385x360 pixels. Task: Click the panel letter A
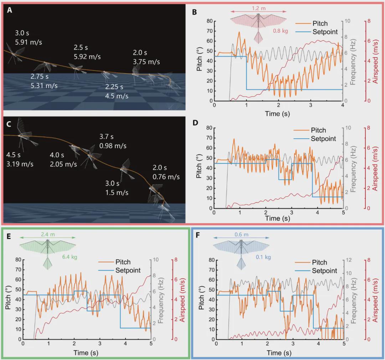pyautogui.click(x=10, y=10)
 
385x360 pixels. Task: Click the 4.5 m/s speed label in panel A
pyautogui.click(x=117, y=96)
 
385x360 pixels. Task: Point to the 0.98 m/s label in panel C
pyautogui.click(x=113, y=145)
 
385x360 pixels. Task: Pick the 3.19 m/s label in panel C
pyautogui.click(x=20, y=164)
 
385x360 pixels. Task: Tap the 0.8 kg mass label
pyautogui.click(x=280, y=31)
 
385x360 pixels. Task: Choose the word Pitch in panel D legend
pyautogui.click(x=318, y=130)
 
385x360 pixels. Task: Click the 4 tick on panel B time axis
pyautogui.click(x=342, y=106)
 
